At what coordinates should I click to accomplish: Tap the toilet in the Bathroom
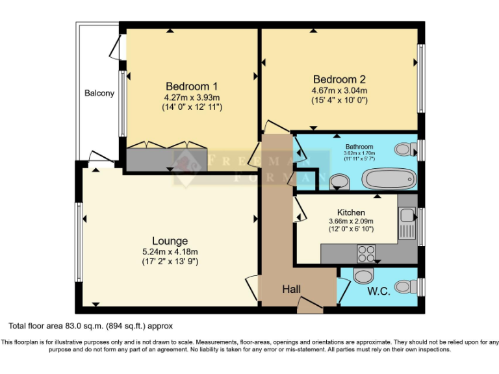tap(405, 149)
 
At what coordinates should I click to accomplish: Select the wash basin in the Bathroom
tap(339, 180)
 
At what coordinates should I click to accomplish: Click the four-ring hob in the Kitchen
tap(366, 251)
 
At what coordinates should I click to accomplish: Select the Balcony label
tap(99, 93)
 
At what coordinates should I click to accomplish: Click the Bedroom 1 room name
tap(192, 86)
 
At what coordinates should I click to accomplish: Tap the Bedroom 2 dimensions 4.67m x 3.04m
tap(339, 90)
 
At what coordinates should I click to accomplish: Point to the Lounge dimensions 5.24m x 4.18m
tap(170, 252)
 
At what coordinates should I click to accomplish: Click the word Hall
tap(291, 290)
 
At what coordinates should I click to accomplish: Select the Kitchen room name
tap(351, 212)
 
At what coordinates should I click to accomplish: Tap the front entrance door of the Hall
tap(309, 303)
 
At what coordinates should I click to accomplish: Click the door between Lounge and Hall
tap(252, 289)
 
